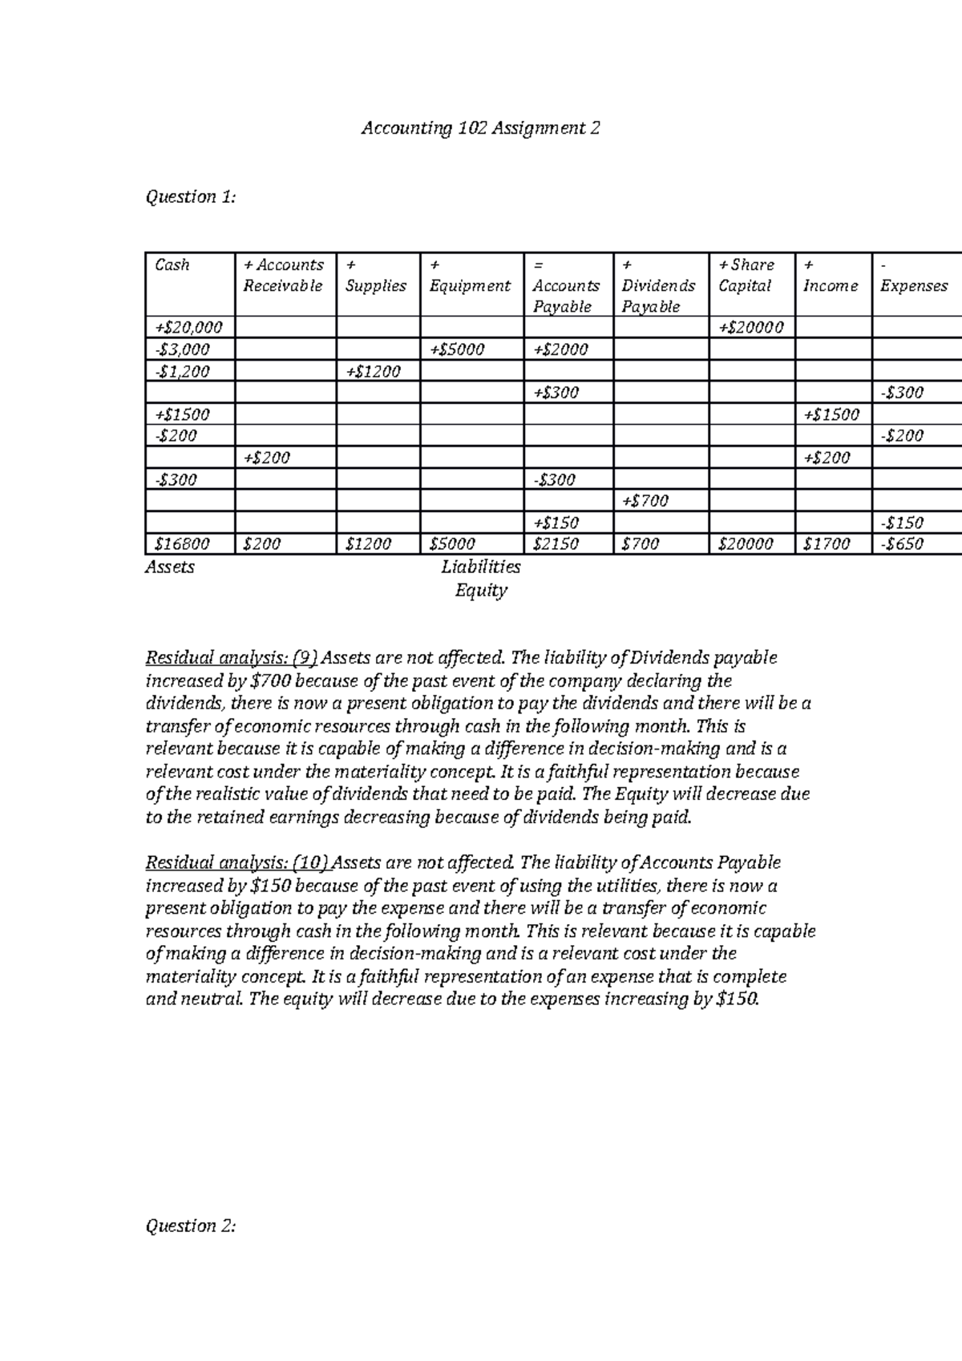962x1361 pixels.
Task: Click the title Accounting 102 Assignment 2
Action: tap(480, 128)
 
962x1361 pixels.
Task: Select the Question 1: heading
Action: tap(191, 197)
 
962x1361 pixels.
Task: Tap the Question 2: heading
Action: tap(191, 1226)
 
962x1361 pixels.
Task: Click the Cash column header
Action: tap(172, 265)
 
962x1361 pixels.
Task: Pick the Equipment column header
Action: tap(470, 285)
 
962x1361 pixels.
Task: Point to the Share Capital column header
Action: tap(746, 275)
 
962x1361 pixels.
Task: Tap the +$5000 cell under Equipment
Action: tap(457, 349)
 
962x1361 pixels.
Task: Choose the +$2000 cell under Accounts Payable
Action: tap(560, 349)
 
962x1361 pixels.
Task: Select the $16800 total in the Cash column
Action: tap(182, 544)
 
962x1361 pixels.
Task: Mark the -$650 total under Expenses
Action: tap(902, 544)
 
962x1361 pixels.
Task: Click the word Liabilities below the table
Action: tap(480, 567)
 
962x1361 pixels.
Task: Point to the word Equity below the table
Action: tap(480, 592)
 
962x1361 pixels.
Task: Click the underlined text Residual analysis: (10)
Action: tap(237, 863)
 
